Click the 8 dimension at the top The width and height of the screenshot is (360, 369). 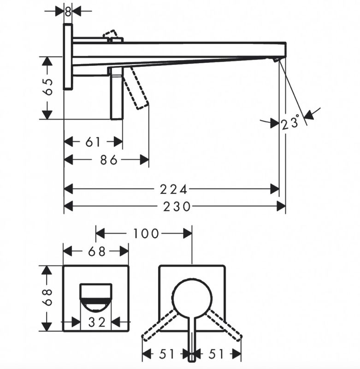(x=68, y=12)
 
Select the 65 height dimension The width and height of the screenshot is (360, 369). (x=48, y=87)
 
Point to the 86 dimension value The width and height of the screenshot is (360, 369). (x=109, y=160)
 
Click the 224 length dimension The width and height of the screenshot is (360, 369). (x=173, y=189)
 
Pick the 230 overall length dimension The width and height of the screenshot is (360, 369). (x=177, y=207)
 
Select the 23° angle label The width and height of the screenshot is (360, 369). (x=290, y=122)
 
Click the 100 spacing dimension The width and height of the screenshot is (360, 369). (x=146, y=234)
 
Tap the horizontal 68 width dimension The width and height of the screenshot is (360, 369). (x=97, y=251)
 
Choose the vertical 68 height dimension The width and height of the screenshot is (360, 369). (x=48, y=297)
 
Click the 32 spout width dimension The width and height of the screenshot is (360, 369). (x=97, y=322)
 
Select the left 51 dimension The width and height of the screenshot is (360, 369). (x=167, y=354)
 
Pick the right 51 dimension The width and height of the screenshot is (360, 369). (x=216, y=354)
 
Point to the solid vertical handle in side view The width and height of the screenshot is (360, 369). (x=117, y=93)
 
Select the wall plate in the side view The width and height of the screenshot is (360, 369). (x=68, y=56)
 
